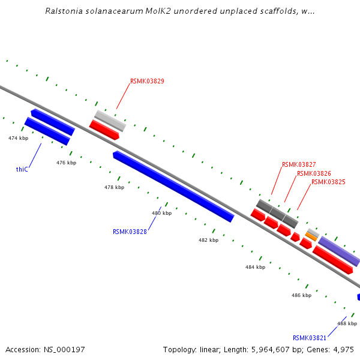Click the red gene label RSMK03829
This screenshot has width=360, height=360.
(x=147, y=81)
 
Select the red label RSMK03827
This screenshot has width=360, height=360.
(x=299, y=164)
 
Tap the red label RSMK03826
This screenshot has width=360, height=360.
(x=314, y=173)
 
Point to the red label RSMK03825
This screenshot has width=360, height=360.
(x=328, y=182)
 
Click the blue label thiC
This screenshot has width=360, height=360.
(x=22, y=169)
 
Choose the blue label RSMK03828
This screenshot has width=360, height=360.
(x=130, y=232)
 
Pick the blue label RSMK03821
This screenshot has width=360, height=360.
(x=310, y=338)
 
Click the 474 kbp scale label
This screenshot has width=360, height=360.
(x=18, y=138)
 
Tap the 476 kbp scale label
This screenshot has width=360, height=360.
(x=66, y=163)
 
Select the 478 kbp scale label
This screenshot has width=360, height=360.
(x=114, y=187)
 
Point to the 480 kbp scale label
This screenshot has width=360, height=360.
(x=161, y=213)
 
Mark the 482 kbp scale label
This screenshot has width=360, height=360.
(x=208, y=239)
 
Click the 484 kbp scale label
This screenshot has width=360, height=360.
(x=255, y=267)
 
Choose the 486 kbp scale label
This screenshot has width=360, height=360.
(x=301, y=295)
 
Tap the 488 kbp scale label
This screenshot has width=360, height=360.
(x=347, y=323)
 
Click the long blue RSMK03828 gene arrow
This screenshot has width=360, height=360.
(x=173, y=186)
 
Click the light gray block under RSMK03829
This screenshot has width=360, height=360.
(x=110, y=121)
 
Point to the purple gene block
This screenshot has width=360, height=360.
(x=339, y=251)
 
